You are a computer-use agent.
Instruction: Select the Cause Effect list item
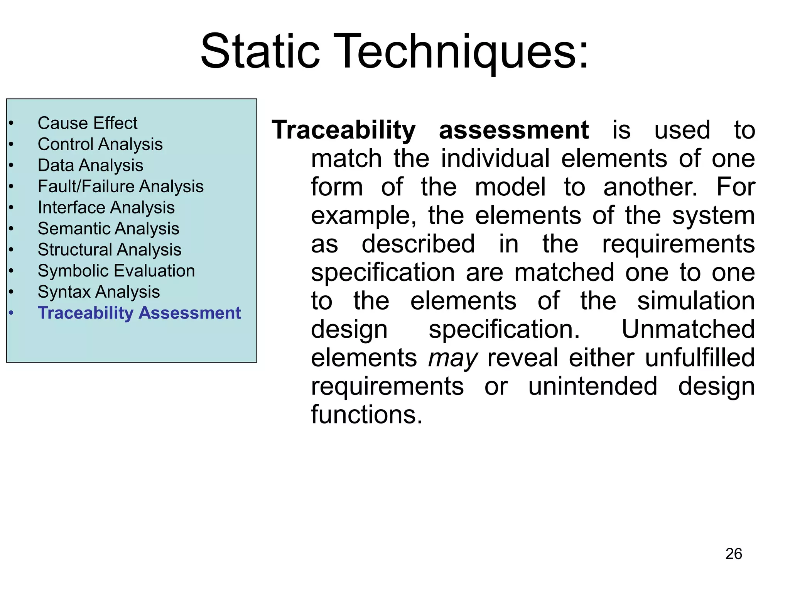tap(87, 124)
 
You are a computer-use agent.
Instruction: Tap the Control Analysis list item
tap(100, 144)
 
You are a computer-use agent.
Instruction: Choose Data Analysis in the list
tap(90, 166)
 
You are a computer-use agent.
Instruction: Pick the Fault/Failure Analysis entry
tap(120, 186)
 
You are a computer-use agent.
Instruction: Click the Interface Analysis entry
tap(106, 208)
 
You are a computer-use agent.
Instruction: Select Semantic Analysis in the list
tap(108, 229)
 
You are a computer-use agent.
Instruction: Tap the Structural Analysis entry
tap(110, 250)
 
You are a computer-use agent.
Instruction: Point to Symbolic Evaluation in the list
tap(116, 271)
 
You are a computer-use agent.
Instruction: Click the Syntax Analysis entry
tap(99, 292)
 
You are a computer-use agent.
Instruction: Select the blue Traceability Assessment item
tap(139, 313)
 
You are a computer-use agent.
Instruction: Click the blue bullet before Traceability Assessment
tap(12, 313)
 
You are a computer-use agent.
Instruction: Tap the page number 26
tap(733, 554)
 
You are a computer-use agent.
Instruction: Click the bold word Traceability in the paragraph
tap(343, 130)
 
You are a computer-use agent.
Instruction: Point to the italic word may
tap(452, 358)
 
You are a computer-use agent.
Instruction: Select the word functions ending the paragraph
tap(366, 415)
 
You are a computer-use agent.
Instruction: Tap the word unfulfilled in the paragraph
tap(699, 358)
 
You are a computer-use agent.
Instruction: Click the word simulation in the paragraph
tap(695, 301)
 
